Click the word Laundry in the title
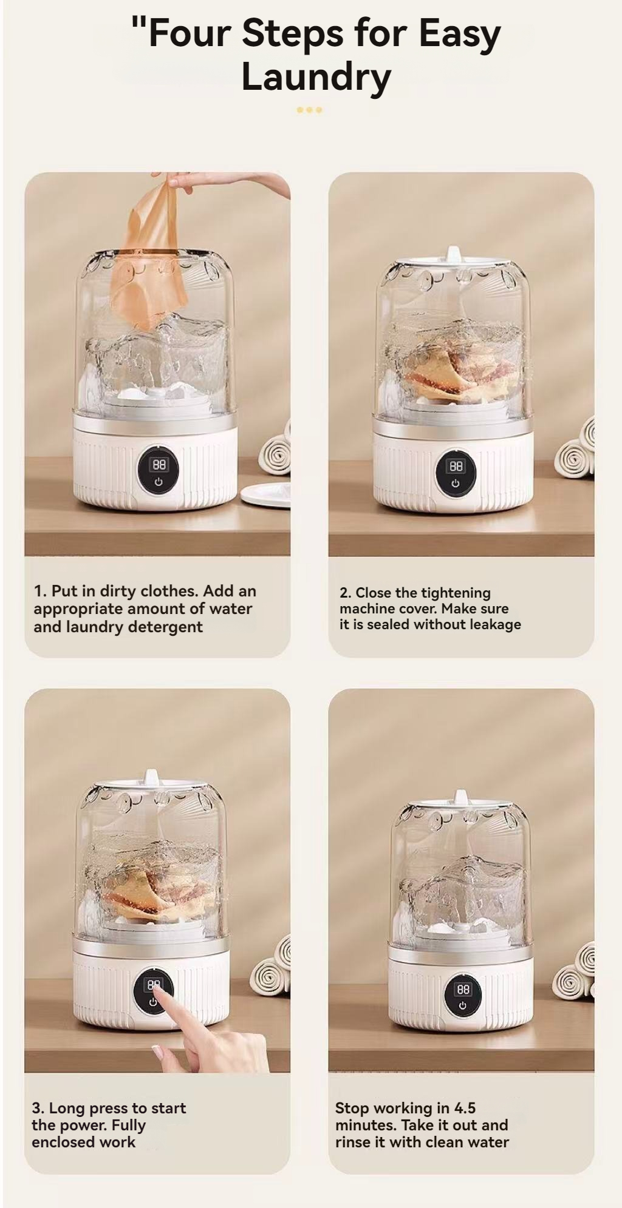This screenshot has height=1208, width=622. pos(316,78)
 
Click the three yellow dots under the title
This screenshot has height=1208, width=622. pos(309,110)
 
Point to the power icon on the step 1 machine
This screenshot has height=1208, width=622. pos(159,482)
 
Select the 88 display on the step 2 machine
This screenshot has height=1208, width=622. pos(456,466)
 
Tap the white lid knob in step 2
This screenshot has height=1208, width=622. pos(453,254)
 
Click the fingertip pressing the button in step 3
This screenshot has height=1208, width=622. pos(155,990)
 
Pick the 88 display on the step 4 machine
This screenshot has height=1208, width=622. pos(463,990)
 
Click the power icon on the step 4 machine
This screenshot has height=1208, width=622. pos(463,1006)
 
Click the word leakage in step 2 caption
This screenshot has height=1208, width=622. pos(493,624)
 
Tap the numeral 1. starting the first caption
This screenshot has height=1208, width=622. pos(39,591)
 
